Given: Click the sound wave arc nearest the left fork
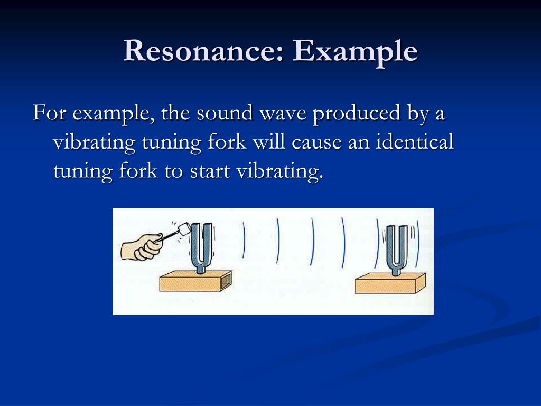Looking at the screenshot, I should pos(244,238).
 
